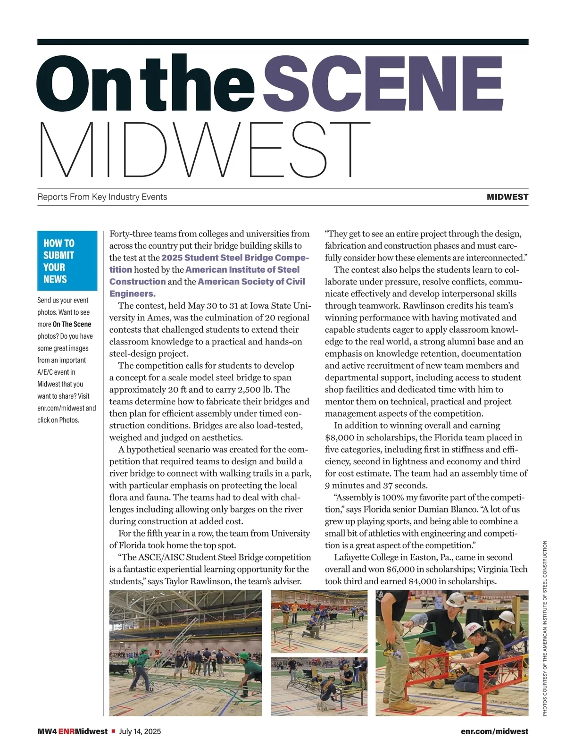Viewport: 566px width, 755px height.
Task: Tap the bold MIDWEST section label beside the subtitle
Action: coord(507,197)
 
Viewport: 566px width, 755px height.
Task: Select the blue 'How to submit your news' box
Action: coord(67,260)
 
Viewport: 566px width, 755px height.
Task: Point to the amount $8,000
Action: coord(340,438)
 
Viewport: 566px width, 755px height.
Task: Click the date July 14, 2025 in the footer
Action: coord(140,731)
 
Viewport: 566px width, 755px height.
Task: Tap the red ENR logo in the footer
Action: coord(67,731)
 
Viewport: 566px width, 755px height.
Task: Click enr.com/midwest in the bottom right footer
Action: coord(494,731)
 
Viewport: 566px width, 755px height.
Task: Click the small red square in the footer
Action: coord(113,731)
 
